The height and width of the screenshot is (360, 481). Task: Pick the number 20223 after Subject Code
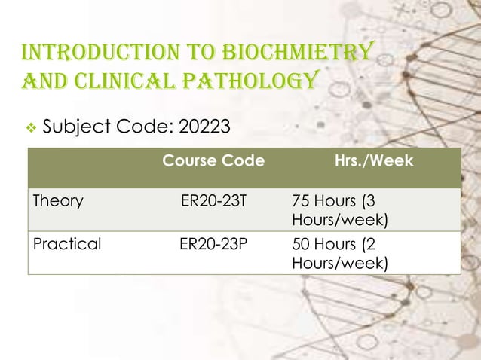coord(204,124)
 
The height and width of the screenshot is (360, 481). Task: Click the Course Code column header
coord(213,161)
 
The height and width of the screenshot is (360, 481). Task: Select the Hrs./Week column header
coord(374,161)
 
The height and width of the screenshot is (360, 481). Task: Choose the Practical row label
coord(66,244)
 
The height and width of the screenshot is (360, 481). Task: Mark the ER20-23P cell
coord(213,244)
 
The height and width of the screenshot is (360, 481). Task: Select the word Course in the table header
coord(188,161)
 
